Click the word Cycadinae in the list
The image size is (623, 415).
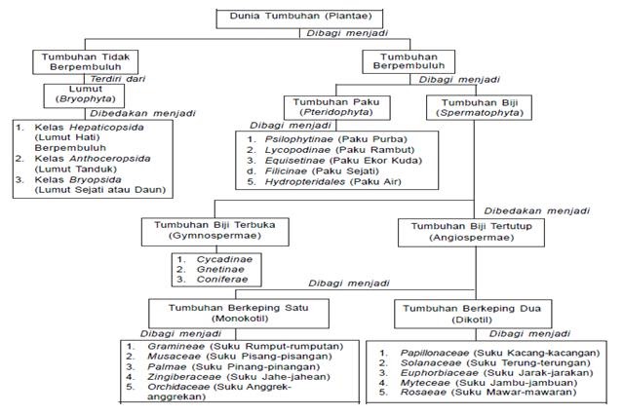coord(224,259)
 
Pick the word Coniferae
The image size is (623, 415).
coord(222,280)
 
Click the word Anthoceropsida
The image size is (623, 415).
coord(110,159)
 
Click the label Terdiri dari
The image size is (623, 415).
coord(118,79)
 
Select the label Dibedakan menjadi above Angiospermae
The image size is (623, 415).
coord(537,210)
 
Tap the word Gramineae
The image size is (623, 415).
coord(176,346)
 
